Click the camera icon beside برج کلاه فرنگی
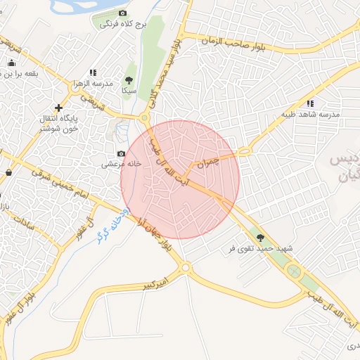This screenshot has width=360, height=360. (x=123, y=13)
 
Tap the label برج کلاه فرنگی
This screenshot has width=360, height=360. (x=122, y=24)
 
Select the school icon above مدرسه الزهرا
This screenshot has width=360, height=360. (x=93, y=72)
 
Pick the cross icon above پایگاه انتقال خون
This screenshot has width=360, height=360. (x=58, y=108)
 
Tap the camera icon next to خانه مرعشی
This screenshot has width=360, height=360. (x=121, y=153)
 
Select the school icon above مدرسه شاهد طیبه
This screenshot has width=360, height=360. (x=310, y=103)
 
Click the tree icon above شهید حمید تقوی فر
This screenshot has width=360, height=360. (x=260, y=238)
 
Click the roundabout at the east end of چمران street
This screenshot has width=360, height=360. (x=245, y=150)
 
